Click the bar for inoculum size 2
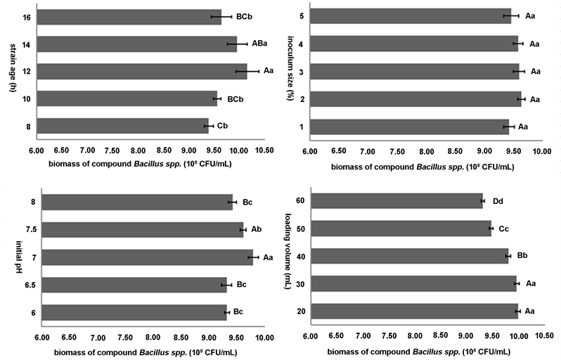[415, 99]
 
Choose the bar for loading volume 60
[396, 201]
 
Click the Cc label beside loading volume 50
[504, 229]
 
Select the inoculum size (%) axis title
[288, 71]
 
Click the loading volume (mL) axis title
[288, 257]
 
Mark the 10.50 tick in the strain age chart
[263, 150]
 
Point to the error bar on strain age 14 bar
[237, 44]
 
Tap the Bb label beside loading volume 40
[522, 256]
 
